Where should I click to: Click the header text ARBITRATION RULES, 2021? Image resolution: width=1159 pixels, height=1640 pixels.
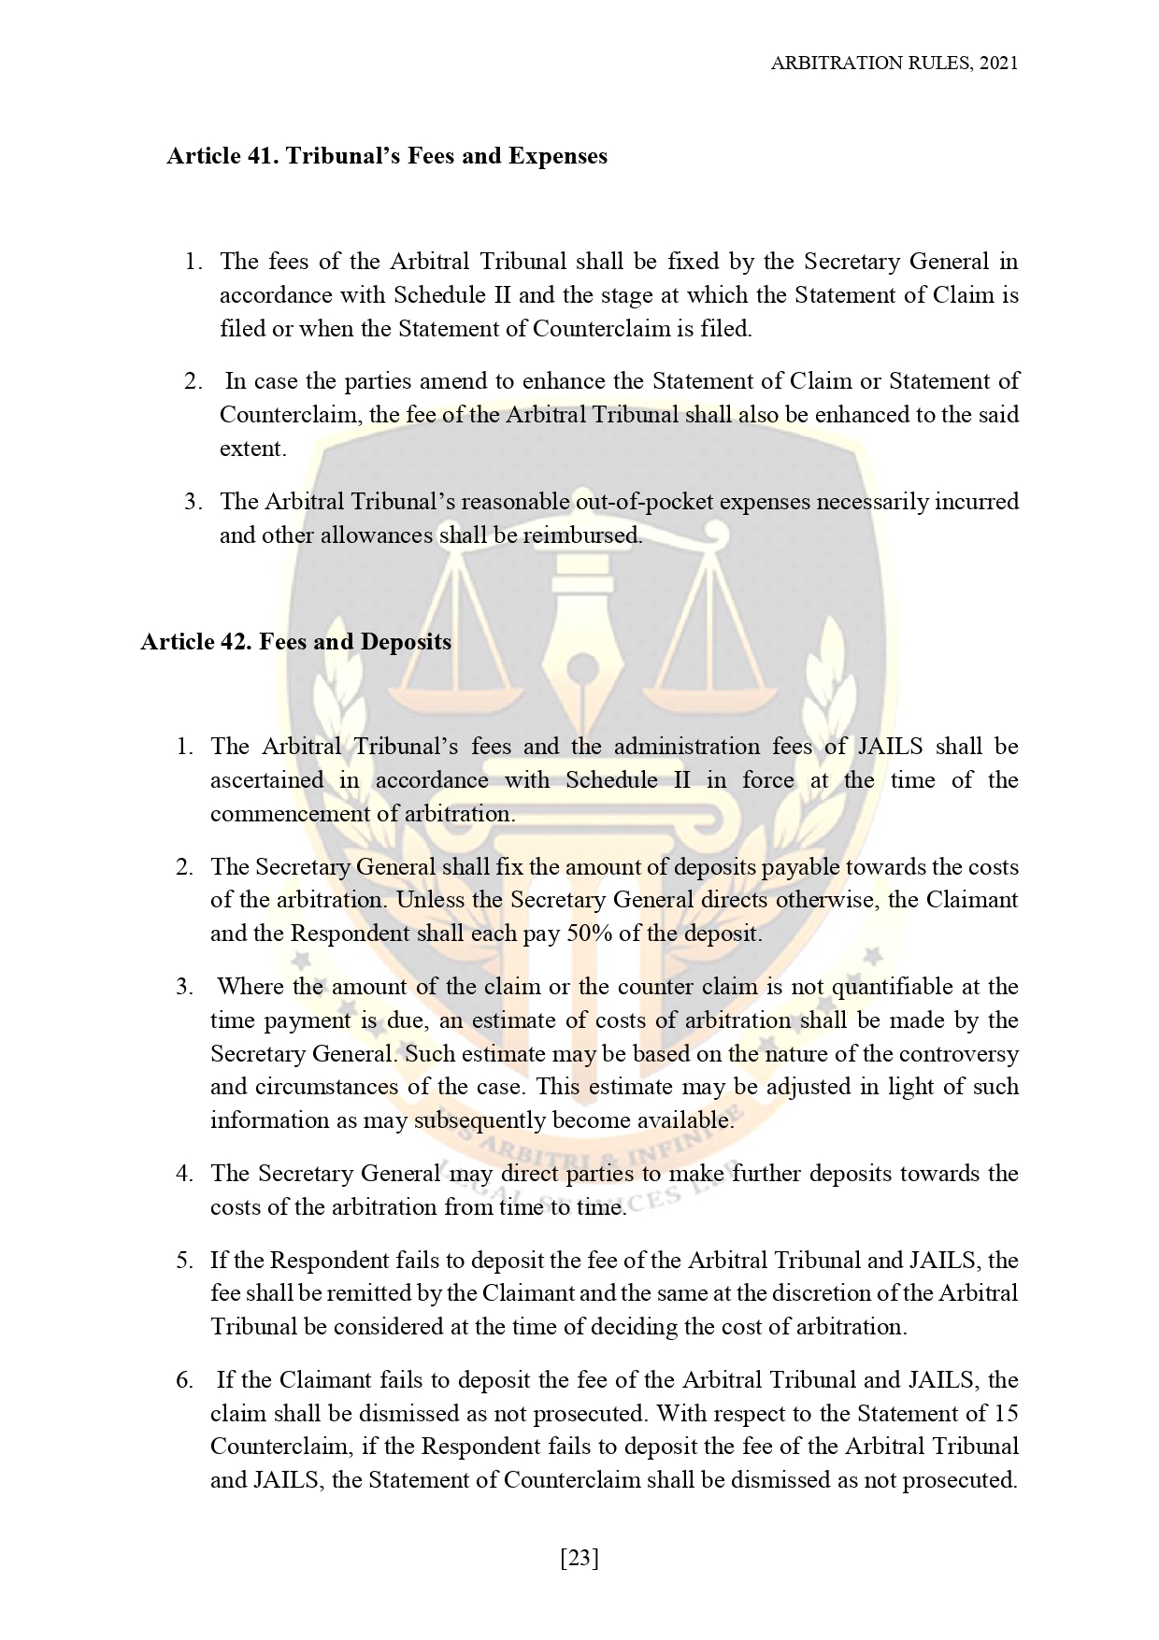click(x=894, y=63)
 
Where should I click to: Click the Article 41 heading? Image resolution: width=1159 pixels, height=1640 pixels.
click(x=386, y=155)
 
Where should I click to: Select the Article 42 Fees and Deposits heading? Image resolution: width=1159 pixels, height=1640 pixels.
click(x=295, y=642)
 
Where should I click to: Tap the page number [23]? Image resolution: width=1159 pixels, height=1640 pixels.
click(x=579, y=1558)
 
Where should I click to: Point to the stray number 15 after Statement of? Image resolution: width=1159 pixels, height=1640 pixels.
click(x=1006, y=1413)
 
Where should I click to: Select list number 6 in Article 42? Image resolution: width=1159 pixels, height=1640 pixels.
click(x=184, y=1380)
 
